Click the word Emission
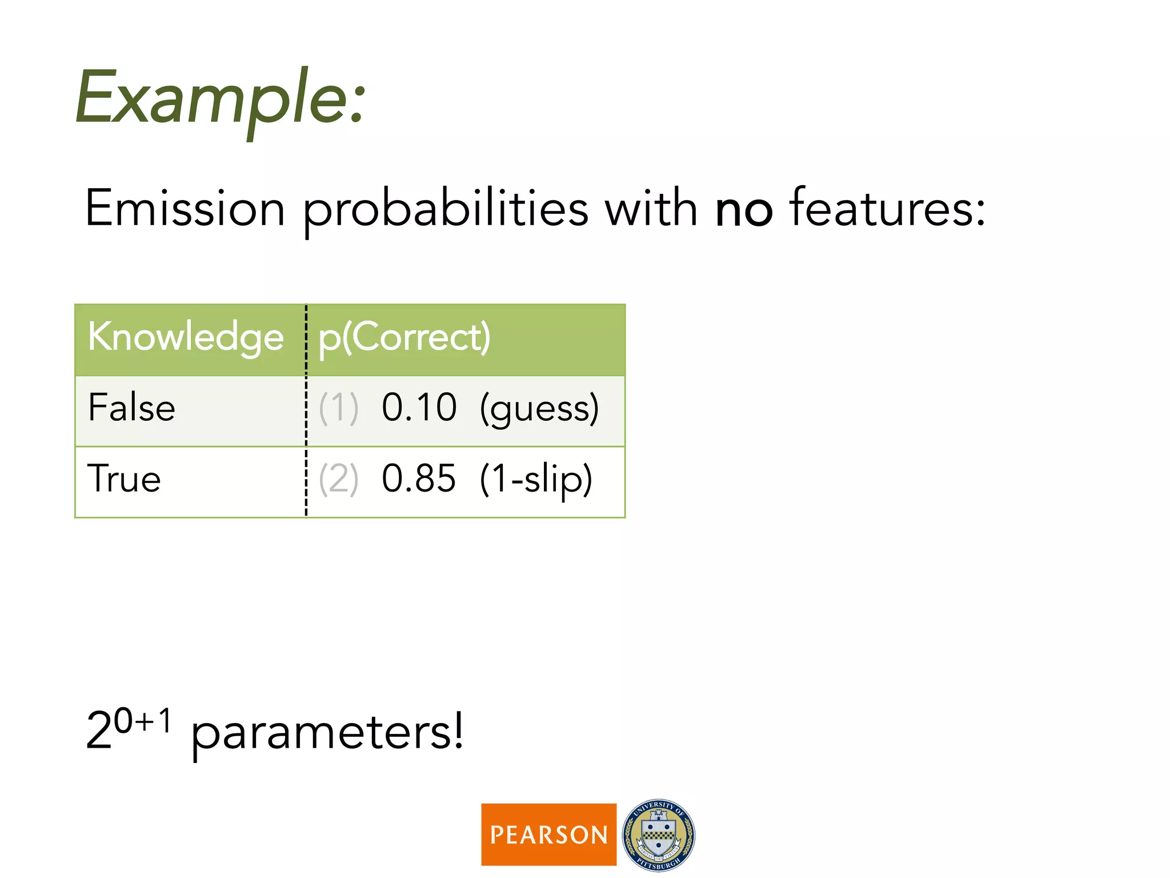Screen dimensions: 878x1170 pyautogui.click(x=185, y=209)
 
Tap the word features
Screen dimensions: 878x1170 pyautogui.click(x=887, y=209)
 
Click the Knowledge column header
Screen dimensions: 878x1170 pyautogui.click(x=186, y=337)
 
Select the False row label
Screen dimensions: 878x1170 pyautogui.click(x=131, y=408)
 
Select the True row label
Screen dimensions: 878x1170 pyautogui.click(x=124, y=479)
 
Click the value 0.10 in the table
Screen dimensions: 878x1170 pyautogui.click(x=419, y=408)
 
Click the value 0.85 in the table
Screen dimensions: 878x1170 pyautogui.click(x=419, y=479)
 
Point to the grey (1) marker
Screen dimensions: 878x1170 pyautogui.click(x=338, y=409)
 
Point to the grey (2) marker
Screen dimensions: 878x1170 pyautogui.click(x=338, y=480)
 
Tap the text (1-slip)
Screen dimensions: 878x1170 pyautogui.click(x=536, y=480)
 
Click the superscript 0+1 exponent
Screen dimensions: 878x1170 pyautogui.click(x=142, y=721)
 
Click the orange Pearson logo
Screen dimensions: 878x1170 pyautogui.click(x=548, y=835)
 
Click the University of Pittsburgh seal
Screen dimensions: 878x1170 pyautogui.click(x=658, y=835)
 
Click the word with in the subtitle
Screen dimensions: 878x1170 pyautogui.click(x=651, y=209)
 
